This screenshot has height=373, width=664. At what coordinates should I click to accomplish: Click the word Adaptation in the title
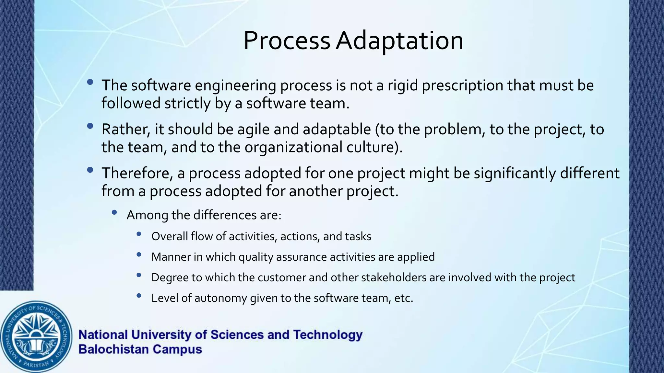399,41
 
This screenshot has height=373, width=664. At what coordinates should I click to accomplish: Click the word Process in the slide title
287,41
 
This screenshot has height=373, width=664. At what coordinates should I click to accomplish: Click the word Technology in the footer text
328,335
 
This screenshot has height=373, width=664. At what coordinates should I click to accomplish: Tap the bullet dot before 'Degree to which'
139,275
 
